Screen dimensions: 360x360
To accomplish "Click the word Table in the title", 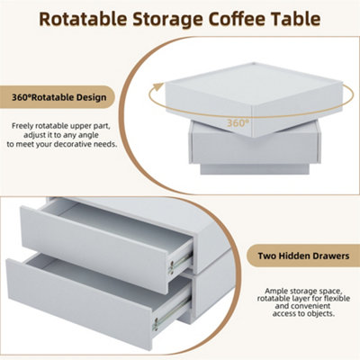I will pyautogui.click(x=304, y=17).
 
